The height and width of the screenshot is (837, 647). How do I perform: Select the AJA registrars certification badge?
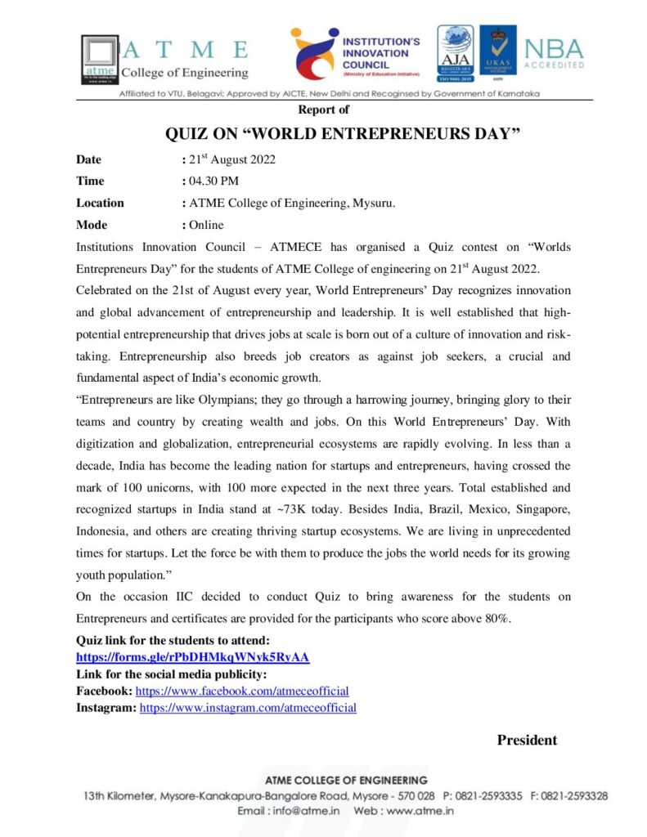pos(455,54)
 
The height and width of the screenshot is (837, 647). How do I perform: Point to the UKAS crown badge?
pos(497,54)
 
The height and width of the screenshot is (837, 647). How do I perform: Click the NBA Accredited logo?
pos(554,53)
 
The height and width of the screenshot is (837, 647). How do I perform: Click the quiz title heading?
pos(343,133)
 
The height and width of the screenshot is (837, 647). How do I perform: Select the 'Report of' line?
pos(323,110)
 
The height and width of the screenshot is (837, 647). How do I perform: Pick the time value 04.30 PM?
pos(213,181)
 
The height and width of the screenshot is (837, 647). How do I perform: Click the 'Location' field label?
pos(100,203)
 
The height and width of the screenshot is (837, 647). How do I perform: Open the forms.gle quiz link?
pos(192,657)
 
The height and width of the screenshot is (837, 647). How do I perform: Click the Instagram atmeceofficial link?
pos(248,708)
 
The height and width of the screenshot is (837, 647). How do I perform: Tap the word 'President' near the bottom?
pos(527,741)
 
